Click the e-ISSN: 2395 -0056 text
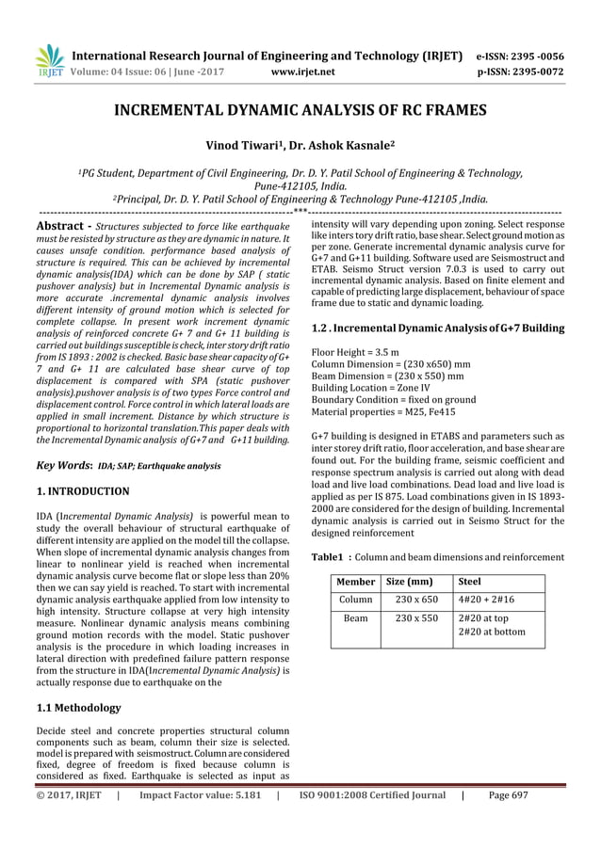pos(530,55)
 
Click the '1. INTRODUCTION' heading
pos(82,491)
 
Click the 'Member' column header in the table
pos(355,582)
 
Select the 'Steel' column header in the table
pos(468,582)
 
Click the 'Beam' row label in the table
pos(355,618)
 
